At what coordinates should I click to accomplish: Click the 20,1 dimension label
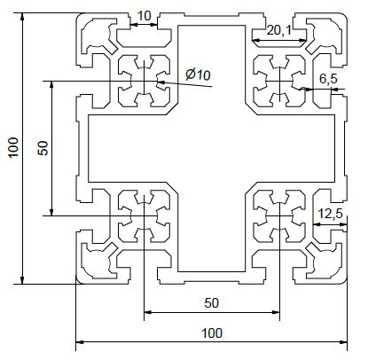tap(278, 30)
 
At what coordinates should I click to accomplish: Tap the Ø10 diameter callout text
tap(198, 74)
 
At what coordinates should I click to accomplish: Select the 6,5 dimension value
tap(328, 79)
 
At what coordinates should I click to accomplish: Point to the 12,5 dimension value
tap(330, 214)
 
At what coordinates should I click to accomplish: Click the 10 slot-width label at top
tap(145, 16)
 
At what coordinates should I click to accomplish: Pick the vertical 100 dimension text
tap(13, 148)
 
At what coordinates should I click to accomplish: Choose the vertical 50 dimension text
tap(43, 148)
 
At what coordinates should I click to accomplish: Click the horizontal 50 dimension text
tap(212, 303)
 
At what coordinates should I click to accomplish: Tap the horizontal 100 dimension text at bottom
tap(212, 333)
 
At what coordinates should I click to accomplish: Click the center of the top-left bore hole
tap(144, 81)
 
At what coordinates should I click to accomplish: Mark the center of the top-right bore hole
tap(279, 81)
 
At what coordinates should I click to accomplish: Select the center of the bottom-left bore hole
tap(144, 216)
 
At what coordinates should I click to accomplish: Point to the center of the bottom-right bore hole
tap(279, 216)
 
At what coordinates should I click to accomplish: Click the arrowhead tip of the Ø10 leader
tap(158, 82)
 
